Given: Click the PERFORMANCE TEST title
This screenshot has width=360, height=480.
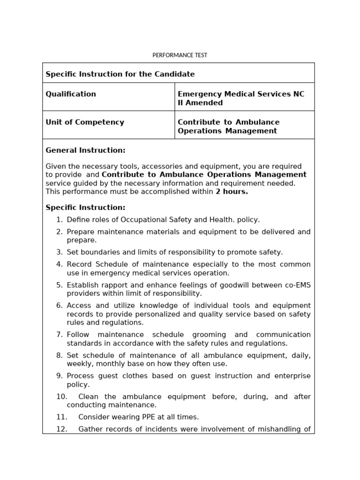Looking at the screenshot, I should [x=180, y=55].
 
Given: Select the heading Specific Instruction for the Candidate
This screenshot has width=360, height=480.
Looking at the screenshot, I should [x=120, y=74].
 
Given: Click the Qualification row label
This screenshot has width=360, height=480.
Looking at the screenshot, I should [x=71, y=94].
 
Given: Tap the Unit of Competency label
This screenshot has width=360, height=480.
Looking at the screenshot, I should [x=85, y=122].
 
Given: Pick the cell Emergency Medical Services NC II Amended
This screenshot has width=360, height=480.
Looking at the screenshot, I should [x=240, y=98].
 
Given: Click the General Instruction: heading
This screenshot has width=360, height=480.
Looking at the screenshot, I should [x=85, y=150].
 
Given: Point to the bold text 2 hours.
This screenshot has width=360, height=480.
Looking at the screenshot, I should [x=232, y=192].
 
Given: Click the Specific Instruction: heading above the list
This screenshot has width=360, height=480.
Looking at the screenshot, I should [x=85, y=207].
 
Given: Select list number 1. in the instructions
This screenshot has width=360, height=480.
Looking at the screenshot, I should [x=59, y=219].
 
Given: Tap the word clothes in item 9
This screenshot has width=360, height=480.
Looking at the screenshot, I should [x=135, y=376].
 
